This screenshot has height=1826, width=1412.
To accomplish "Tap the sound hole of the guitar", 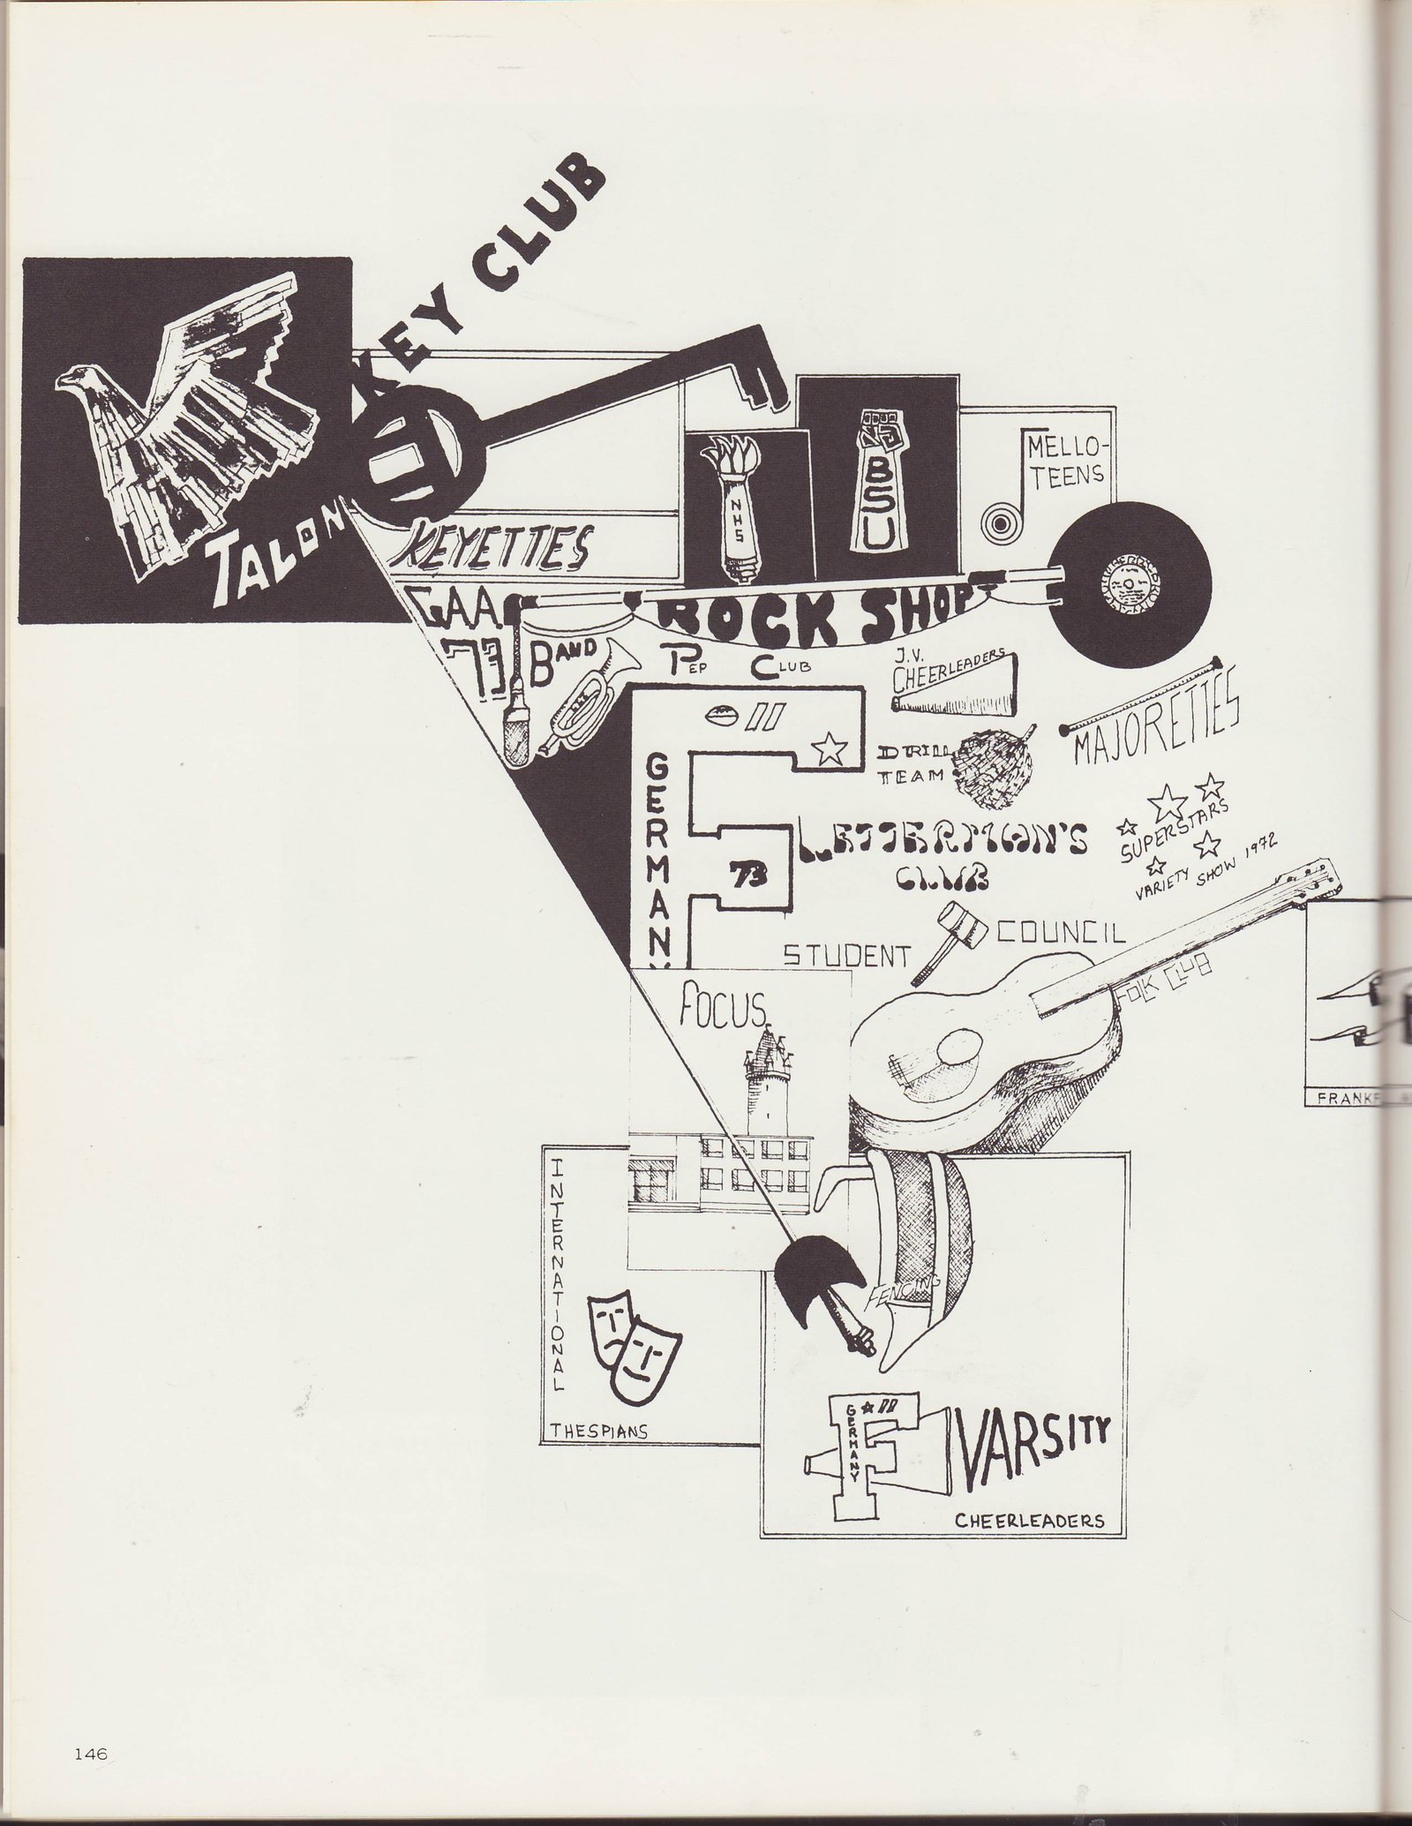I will (957, 1052).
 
